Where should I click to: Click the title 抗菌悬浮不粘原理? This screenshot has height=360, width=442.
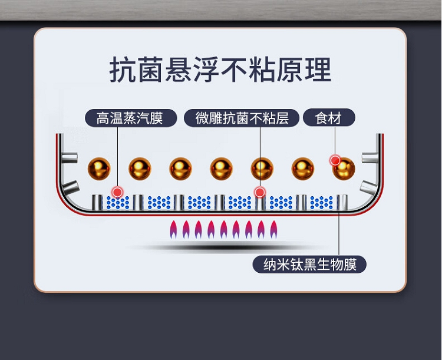tap(220, 70)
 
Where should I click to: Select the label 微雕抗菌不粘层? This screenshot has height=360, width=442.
tap(242, 118)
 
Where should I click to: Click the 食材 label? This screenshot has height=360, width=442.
tap(329, 118)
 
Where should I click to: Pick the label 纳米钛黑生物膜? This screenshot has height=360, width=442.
tap(309, 265)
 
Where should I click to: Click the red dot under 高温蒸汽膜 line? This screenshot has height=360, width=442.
tap(117, 193)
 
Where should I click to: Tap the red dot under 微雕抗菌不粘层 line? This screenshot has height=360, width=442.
tap(260, 193)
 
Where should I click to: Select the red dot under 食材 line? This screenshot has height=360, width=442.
tap(335, 160)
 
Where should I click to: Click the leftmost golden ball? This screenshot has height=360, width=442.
tap(99, 169)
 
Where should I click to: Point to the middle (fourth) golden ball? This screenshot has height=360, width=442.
tap(221, 169)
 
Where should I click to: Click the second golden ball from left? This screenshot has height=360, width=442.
tap(140, 169)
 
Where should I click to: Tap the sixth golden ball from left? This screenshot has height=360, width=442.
tap(303, 169)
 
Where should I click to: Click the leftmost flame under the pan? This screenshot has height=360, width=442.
tap(173, 229)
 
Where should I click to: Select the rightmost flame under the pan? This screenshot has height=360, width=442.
tap(273, 229)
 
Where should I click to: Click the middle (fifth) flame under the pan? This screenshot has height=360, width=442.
tap(223, 229)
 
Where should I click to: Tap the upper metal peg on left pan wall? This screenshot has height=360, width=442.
tap(70, 158)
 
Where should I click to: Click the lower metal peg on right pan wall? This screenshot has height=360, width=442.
tap(370, 186)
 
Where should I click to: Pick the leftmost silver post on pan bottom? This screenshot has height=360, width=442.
tap(97, 203)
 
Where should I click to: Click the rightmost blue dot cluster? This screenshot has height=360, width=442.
tap(322, 203)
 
